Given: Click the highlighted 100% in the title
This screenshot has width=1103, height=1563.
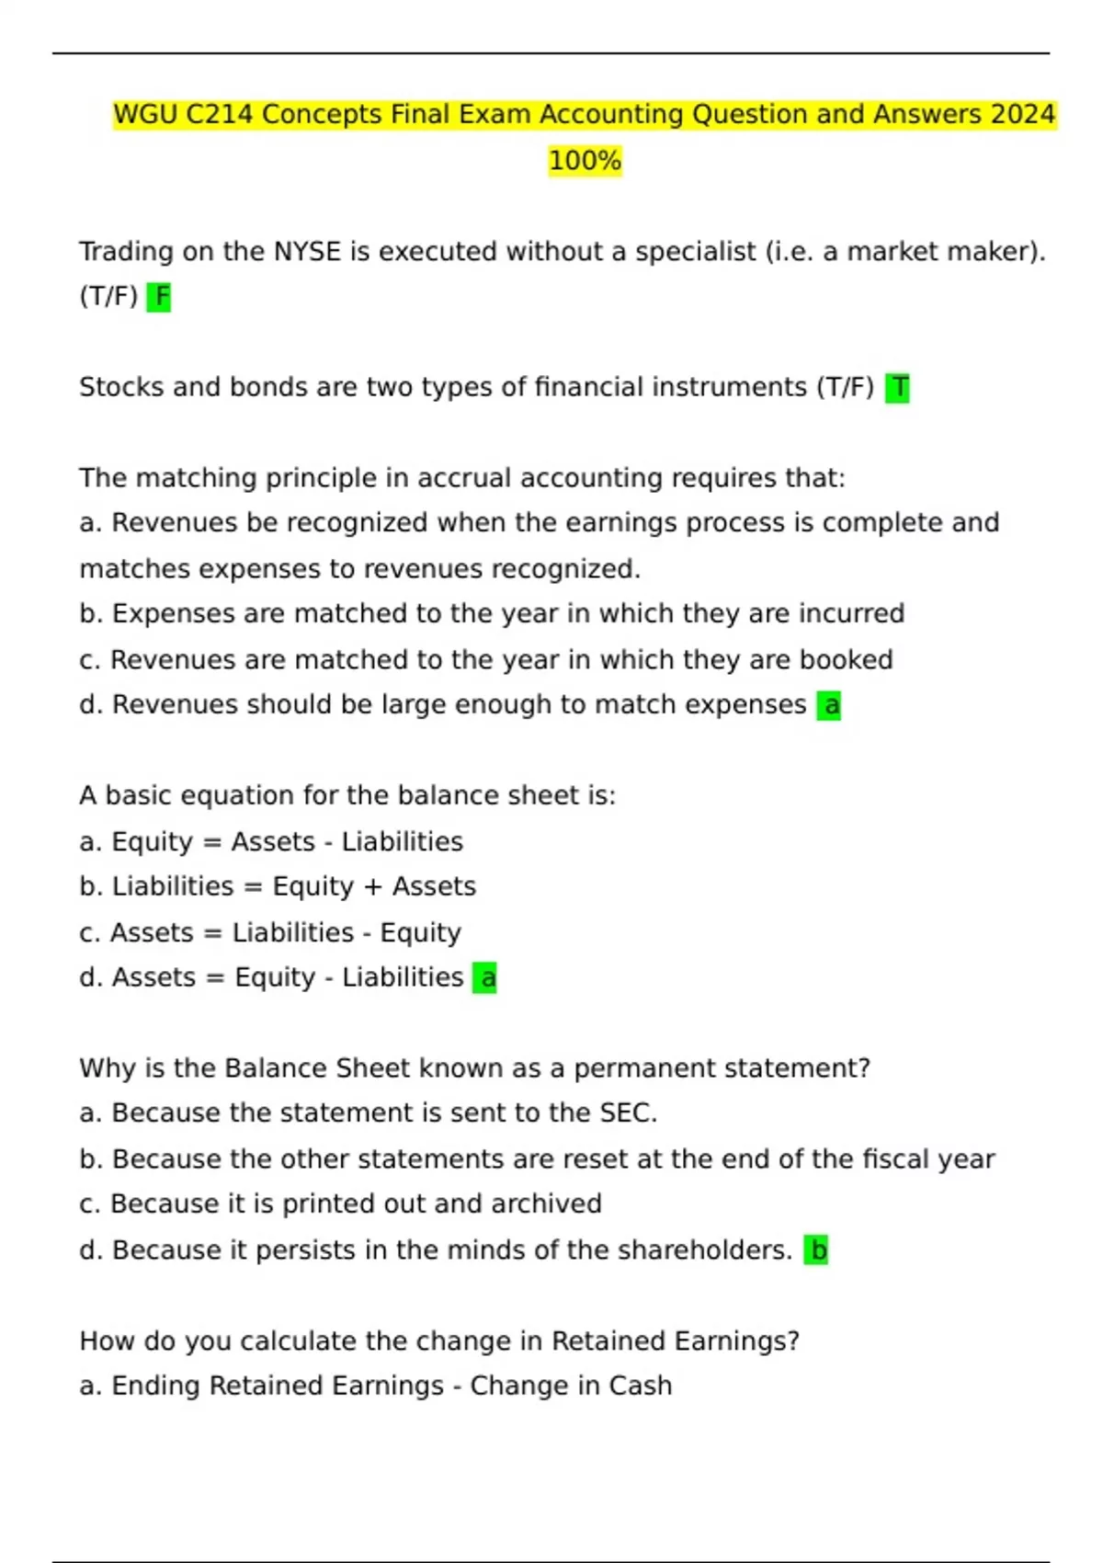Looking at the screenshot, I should [x=585, y=161].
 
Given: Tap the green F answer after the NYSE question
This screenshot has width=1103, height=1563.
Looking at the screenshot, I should [x=159, y=297].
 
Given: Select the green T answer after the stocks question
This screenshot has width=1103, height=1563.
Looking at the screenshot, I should [x=898, y=388].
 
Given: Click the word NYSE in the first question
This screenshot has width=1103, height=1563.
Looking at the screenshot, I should [x=308, y=251].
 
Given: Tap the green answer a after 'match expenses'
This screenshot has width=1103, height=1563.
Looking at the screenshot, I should [x=829, y=705].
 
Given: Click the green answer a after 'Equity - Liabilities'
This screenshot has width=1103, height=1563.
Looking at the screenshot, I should [x=485, y=977].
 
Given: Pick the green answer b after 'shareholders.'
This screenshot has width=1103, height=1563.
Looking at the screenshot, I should [x=816, y=1250].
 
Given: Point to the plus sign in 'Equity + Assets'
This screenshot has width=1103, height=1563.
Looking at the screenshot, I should [x=373, y=887].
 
